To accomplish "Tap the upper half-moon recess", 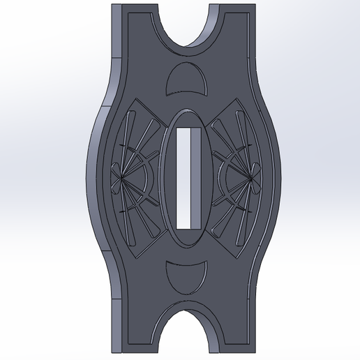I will (186, 81).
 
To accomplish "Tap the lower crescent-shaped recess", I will (186, 279).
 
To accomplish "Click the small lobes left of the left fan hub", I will (113, 179).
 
